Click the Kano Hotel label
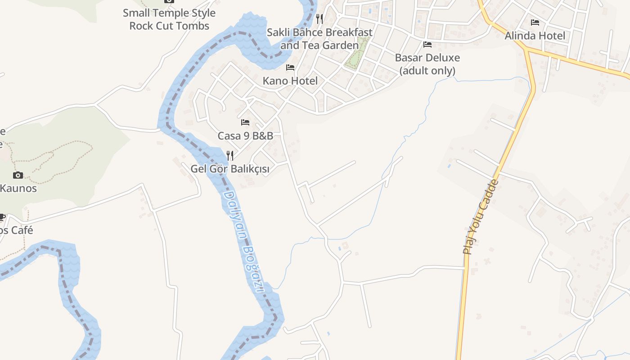[290, 81]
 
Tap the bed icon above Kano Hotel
[290, 67]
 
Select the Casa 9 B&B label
[245, 135]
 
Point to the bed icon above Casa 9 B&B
[245, 122]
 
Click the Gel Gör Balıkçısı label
[230, 169]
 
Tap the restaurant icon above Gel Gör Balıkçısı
[230, 156]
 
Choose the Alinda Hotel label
[535, 36]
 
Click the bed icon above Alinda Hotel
[535, 22]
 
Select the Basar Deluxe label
[427, 58]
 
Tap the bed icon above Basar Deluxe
[427, 44]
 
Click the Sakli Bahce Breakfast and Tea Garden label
[319, 39]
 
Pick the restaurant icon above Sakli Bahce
[319, 18]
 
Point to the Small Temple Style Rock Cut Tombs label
[169, 19]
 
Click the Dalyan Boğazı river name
[243, 241]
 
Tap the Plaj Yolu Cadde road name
[481, 217]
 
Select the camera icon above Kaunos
[18, 175]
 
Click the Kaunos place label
[18, 188]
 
